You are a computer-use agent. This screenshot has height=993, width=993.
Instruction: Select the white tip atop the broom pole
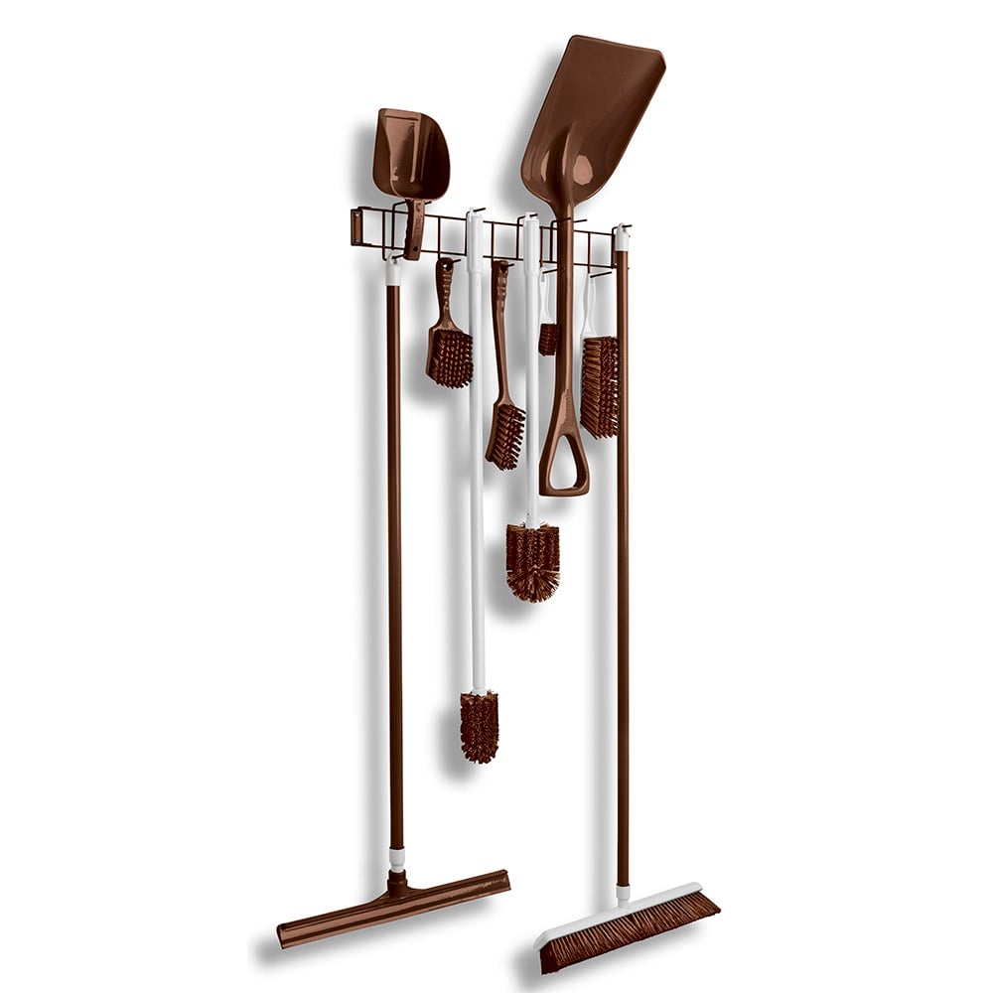[621, 237]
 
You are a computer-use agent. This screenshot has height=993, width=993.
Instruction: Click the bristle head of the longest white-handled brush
[479, 726]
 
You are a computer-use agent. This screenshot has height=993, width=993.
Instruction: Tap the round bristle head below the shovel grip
[533, 561]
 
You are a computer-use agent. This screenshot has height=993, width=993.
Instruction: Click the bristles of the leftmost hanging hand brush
[450, 357]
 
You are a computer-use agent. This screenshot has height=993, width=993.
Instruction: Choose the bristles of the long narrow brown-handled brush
[505, 435]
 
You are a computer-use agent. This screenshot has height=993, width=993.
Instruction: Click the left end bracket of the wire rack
[357, 226]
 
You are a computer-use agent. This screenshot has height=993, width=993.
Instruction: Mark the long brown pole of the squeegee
[395, 556]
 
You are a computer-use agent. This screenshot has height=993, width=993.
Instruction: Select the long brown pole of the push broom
[622, 556]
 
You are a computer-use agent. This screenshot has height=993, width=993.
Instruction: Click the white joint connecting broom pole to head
[623, 894]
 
